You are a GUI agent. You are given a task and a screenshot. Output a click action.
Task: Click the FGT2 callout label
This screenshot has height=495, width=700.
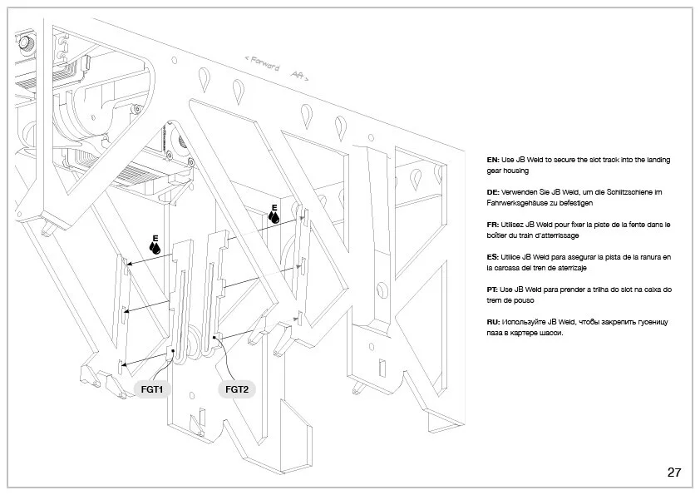(237, 389)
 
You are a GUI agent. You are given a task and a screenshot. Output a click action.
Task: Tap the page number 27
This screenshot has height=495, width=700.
(673, 473)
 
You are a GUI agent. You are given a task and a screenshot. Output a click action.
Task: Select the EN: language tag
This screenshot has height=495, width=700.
(493, 159)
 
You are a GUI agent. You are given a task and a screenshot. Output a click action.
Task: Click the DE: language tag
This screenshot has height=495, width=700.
(493, 191)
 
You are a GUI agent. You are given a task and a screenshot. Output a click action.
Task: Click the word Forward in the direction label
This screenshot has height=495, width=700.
(264, 64)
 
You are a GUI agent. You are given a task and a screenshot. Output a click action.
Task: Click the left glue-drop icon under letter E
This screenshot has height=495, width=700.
(154, 248)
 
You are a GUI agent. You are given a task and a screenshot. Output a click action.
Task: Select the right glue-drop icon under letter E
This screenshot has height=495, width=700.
(274, 216)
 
